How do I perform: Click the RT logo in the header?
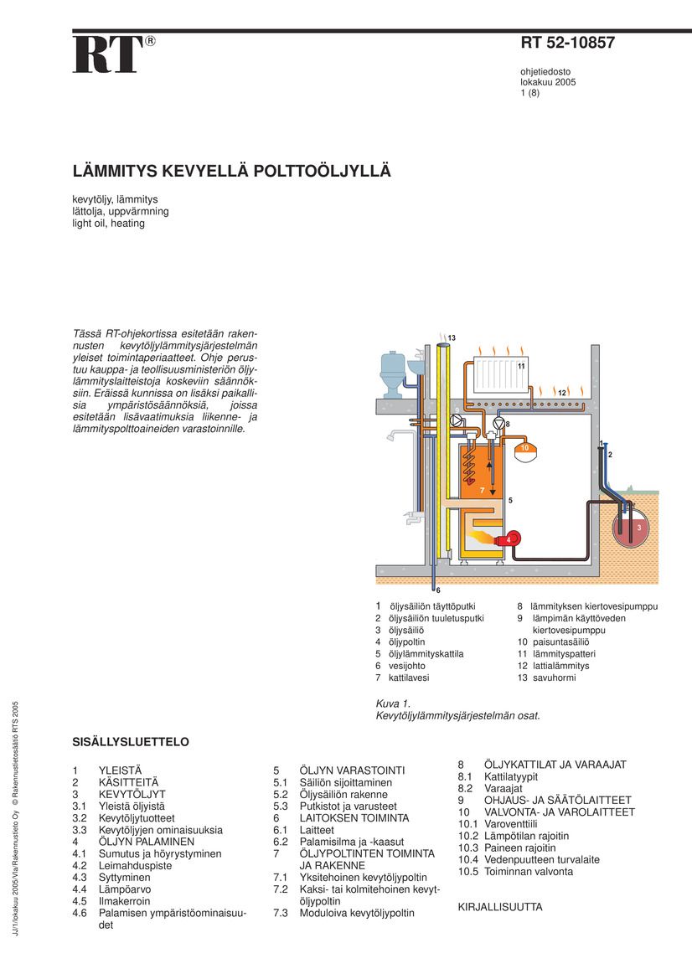pos(108,55)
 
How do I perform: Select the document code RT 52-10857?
pos(567,44)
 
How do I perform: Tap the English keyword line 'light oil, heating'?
pos(108,224)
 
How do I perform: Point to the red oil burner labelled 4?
pos(512,538)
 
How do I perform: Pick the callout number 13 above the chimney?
pos(451,337)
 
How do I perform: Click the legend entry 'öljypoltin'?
pos(407,642)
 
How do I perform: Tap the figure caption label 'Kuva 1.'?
pos(393,704)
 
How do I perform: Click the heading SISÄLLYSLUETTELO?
pos(131,742)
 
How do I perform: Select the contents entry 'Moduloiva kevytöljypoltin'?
pos(357,914)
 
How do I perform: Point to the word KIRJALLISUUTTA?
pos(500,907)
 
